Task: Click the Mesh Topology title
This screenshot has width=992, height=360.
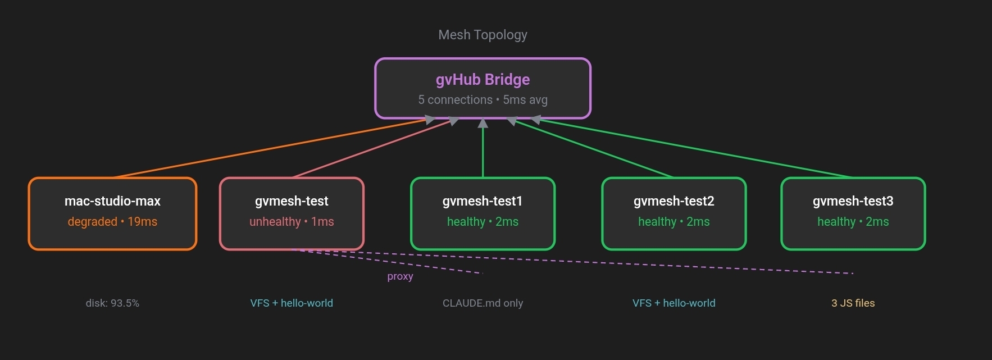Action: pos(483,35)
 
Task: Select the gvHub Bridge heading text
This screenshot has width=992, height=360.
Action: pos(483,80)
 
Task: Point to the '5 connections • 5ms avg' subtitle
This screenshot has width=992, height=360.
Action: pos(483,100)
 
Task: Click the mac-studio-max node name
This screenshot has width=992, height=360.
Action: pos(112,201)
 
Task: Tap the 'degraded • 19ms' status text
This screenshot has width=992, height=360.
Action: pos(112,222)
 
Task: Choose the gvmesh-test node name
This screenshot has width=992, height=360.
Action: pos(292,201)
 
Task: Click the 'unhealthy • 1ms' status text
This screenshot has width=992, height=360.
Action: pos(292,222)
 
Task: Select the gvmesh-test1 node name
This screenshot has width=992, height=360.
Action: pos(483,201)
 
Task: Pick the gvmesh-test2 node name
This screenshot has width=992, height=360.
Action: pos(674,201)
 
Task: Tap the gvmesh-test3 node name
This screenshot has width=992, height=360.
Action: pos(853,201)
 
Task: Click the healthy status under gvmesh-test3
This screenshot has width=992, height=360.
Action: pos(853,222)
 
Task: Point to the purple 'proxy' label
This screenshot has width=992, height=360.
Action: pos(400,276)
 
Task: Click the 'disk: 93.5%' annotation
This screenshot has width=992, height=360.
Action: pos(112,303)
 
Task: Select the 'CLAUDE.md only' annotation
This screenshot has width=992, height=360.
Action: pos(483,303)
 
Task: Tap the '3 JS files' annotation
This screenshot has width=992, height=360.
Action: pos(853,303)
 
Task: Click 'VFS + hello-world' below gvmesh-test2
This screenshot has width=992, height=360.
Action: pos(674,303)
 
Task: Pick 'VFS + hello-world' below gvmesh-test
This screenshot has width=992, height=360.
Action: pos(292,303)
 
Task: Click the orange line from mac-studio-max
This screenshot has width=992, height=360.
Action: pos(270,148)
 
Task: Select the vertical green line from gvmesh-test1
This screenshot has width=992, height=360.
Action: pos(483,152)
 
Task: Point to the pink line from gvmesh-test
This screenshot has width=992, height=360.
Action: pos(371,149)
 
